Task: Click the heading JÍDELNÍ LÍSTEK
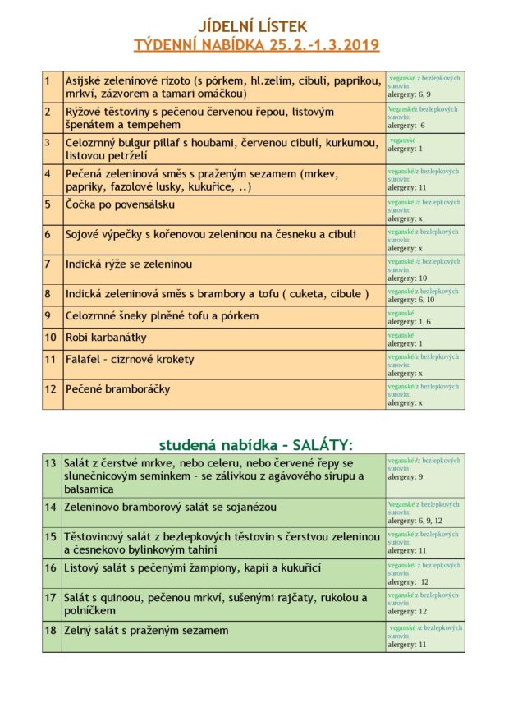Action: (x=256, y=26)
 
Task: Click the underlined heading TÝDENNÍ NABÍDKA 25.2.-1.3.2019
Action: (x=256, y=44)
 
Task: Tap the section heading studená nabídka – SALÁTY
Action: (x=255, y=444)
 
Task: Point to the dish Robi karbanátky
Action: (x=107, y=338)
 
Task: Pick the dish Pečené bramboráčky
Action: (x=118, y=389)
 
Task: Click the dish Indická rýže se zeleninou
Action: (x=129, y=264)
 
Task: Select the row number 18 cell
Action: (x=51, y=631)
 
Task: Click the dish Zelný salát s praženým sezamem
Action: (x=147, y=631)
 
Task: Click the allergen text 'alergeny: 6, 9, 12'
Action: (x=416, y=521)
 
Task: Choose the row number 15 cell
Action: (x=51, y=536)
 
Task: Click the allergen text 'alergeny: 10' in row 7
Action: (x=407, y=278)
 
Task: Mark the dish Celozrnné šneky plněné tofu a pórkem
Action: (x=162, y=316)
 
